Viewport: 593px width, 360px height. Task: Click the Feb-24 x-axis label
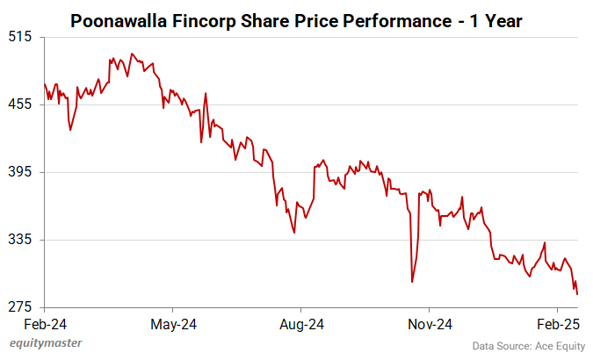[45, 324]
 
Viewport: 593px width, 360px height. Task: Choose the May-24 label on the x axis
[173, 324]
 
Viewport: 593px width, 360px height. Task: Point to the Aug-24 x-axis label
[301, 324]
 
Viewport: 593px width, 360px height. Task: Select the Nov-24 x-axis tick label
[430, 324]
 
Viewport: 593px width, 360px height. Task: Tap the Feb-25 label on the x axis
[557, 324]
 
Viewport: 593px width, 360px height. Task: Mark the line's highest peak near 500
[132, 54]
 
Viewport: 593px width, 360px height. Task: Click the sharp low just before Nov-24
[412, 282]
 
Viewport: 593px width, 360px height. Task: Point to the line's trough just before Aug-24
[294, 233]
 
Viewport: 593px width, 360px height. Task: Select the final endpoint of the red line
[577, 294]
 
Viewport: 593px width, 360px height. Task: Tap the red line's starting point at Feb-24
[45, 84]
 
